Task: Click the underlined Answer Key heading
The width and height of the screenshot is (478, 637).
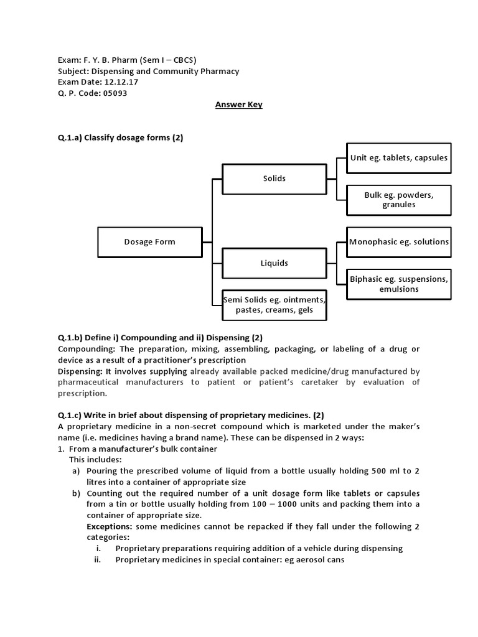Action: pyautogui.click(x=238, y=105)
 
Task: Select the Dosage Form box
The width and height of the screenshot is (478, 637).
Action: pyautogui.click(x=149, y=242)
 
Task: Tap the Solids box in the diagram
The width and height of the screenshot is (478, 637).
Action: pyautogui.click(x=274, y=179)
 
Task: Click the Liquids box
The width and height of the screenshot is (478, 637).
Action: pyautogui.click(x=274, y=263)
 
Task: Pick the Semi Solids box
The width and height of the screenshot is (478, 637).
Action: pyautogui.click(x=274, y=305)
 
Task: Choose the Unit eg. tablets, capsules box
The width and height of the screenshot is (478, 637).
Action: pyautogui.click(x=398, y=158)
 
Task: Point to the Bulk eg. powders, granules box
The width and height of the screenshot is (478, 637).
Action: pyautogui.click(x=398, y=200)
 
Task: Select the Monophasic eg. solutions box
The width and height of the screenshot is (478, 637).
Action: pyautogui.click(x=398, y=242)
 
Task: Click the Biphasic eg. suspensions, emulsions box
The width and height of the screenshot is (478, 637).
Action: pyautogui.click(x=398, y=284)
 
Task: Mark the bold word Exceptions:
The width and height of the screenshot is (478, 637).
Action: pyautogui.click(x=110, y=526)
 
